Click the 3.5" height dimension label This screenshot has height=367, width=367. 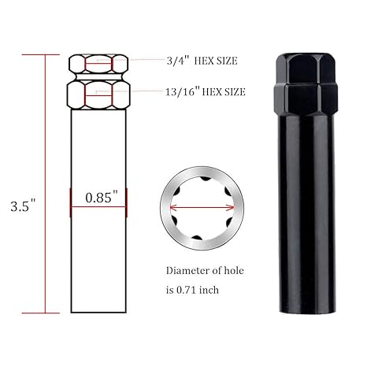[x=23, y=206]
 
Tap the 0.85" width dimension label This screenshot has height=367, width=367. [x=102, y=197]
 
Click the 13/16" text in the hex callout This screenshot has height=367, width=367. [x=183, y=91]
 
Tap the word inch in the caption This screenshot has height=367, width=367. [x=209, y=290]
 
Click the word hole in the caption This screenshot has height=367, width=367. [x=234, y=270]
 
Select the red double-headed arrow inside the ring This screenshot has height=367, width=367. [x=202, y=208]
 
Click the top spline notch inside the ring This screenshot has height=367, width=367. [x=206, y=179]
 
